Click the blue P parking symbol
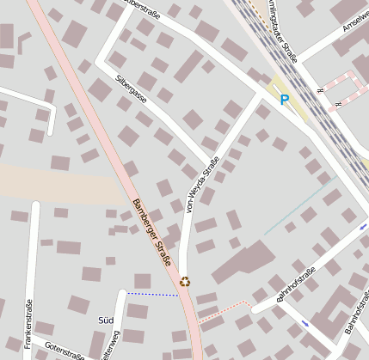[x=285, y=100]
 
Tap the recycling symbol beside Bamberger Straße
[x=185, y=280]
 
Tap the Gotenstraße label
[x=65, y=352]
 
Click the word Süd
[x=106, y=320]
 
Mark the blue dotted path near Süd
[x=152, y=294]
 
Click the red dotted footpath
[x=225, y=310]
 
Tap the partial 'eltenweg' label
[x=107, y=351]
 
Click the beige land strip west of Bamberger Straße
[x=52, y=181]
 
